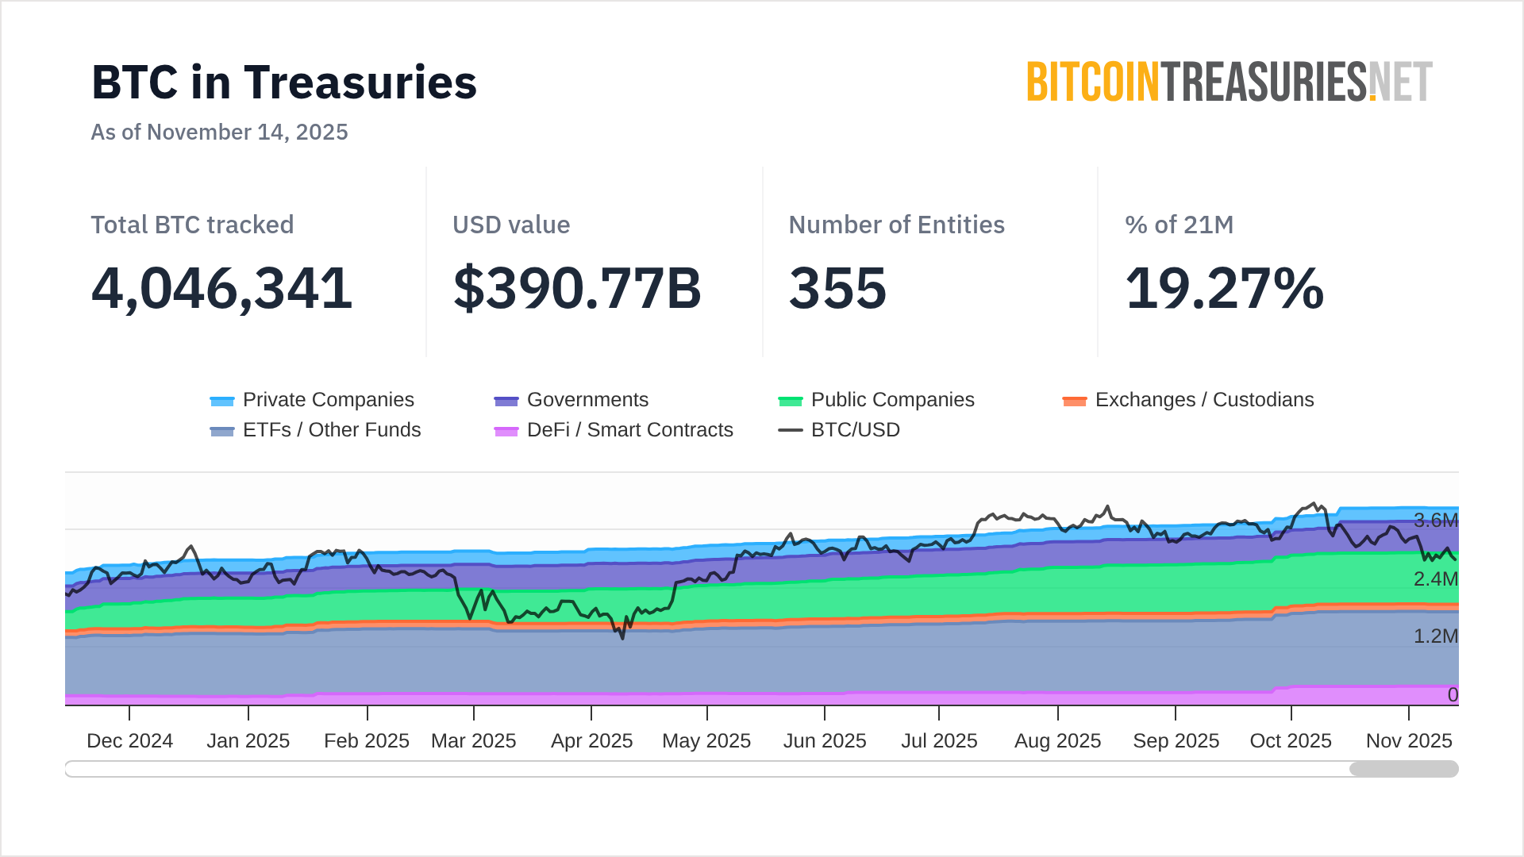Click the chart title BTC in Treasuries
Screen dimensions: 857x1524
point(284,83)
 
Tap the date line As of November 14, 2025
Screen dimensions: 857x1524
point(219,132)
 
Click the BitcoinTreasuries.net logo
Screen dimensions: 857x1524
point(1229,82)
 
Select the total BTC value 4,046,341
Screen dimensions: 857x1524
point(221,288)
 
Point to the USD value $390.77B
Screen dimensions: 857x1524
point(577,288)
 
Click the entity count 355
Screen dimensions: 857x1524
point(837,288)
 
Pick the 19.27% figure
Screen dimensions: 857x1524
point(1224,288)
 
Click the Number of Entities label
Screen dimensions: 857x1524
point(896,225)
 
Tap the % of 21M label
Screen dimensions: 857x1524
point(1179,225)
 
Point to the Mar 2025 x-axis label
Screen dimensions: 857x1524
point(473,740)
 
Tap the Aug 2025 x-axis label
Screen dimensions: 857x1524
point(1057,740)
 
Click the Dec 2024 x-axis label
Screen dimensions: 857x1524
point(129,740)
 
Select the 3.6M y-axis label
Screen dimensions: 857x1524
point(1435,521)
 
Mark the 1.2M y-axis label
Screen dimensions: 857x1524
point(1435,636)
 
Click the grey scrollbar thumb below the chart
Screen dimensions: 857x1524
point(1403,768)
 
